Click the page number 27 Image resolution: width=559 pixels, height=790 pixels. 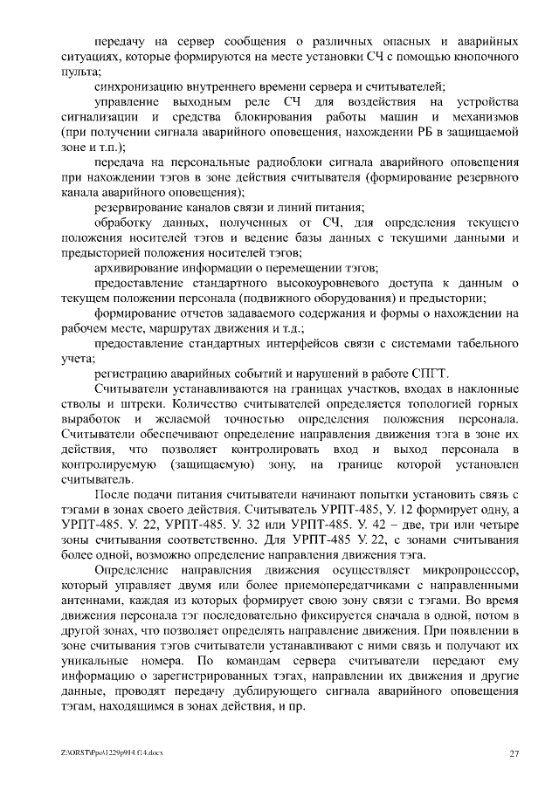pyautogui.click(x=514, y=752)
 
